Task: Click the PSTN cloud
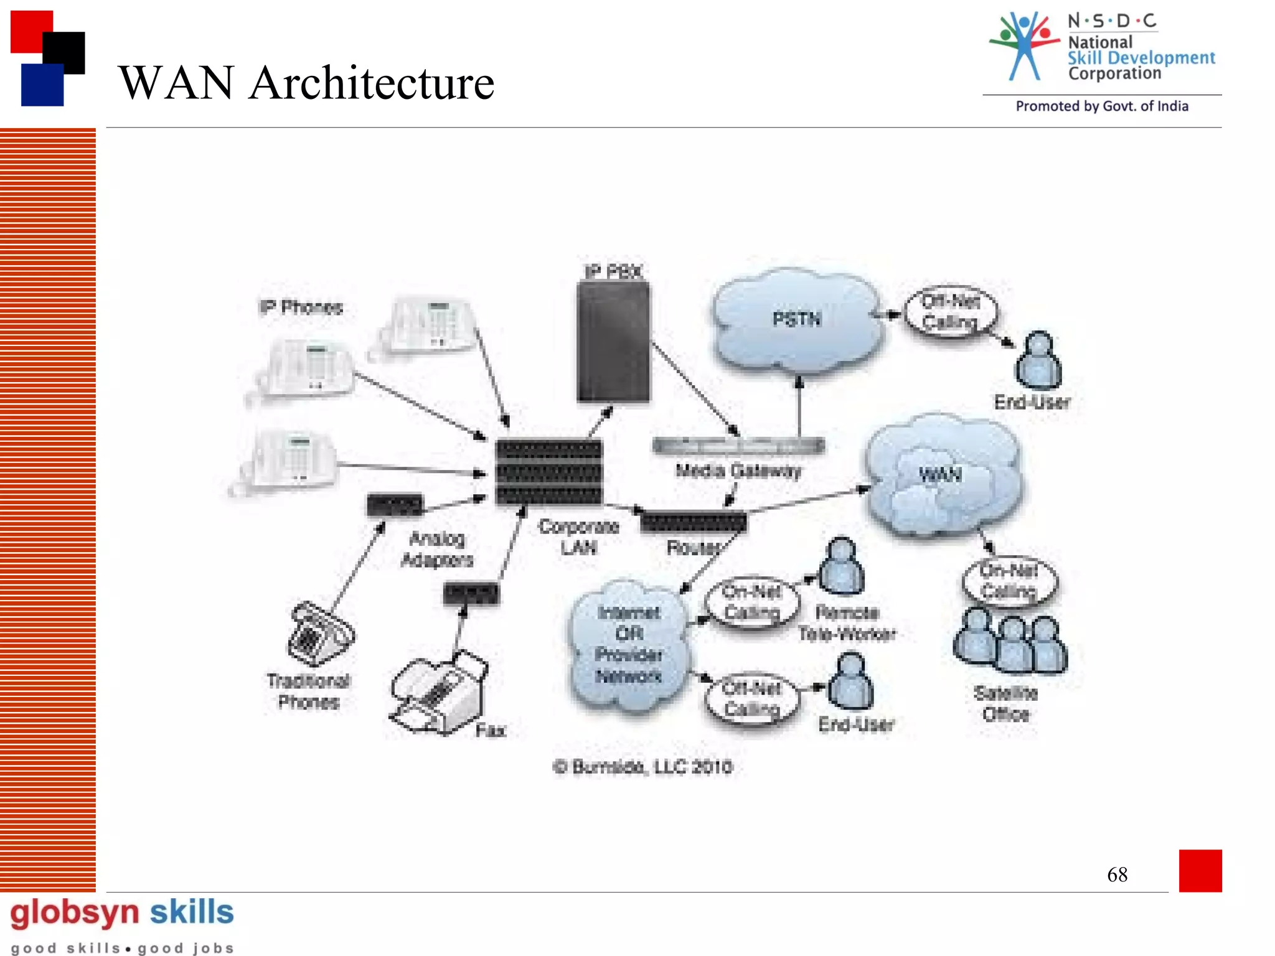pyautogui.click(x=797, y=321)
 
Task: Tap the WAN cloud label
pyautogui.click(x=940, y=475)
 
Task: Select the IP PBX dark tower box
pyautogui.click(x=613, y=342)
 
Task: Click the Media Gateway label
pyautogui.click(x=738, y=471)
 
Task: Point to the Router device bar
pyautogui.click(x=694, y=522)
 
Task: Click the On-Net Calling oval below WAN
pyautogui.click(x=1009, y=581)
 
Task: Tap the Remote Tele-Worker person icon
pyautogui.click(x=842, y=566)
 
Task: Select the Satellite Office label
pyautogui.click(x=1006, y=703)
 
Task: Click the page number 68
pyautogui.click(x=1117, y=874)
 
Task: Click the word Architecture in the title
pyautogui.click(x=372, y=83)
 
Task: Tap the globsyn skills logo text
pyautogui.click(x=122, y=912)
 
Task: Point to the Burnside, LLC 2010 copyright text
pyautogui.click(x=643, y=767)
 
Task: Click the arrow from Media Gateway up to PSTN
pyautogui.click(x=799, y=408)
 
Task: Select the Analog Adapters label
pyautogui.click(x=437, y=549)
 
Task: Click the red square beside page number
pyautogui.click(x=1200, y=870)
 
